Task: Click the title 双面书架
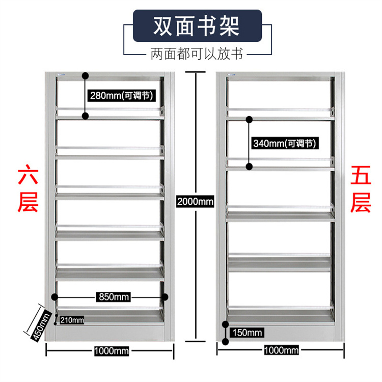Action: coord(197,26)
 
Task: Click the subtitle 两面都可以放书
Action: coord(197,53)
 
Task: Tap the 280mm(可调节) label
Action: coord(122,96)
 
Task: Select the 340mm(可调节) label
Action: coord(285,143)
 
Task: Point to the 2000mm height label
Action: coord(195,202)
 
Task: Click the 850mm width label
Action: coord(114,297)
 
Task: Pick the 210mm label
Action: coord(72,320)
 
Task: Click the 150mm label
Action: coord(247,333)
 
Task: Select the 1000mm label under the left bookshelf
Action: coord(112,351)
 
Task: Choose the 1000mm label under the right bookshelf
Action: coord(281,350)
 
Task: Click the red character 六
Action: coord(28,175)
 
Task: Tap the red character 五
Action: coord(361,175)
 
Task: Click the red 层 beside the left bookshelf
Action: coord(28,202)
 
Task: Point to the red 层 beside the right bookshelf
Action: coord(361,202)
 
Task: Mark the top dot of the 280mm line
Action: coord(85,76)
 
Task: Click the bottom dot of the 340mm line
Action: coord(249,167)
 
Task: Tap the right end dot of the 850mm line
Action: coord(165,297)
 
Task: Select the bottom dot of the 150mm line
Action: coord(226,342)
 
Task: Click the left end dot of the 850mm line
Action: coord(54,297)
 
